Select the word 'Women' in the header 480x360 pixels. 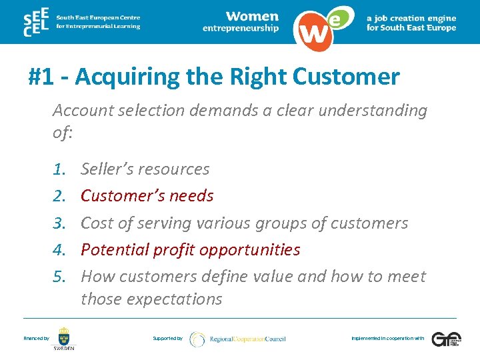252,16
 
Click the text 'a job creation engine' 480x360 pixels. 411,18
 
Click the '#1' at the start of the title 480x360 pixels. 42,77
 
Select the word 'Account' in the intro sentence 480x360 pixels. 84,110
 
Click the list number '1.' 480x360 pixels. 61,169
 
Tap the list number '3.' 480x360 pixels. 61,223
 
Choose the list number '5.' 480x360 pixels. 61,276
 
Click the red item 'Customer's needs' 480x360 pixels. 147,196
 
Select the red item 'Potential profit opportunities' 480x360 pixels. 190,249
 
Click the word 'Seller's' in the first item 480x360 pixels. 107,169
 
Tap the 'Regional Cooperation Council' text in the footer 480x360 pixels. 247,339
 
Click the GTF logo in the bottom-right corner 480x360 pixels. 445,339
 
